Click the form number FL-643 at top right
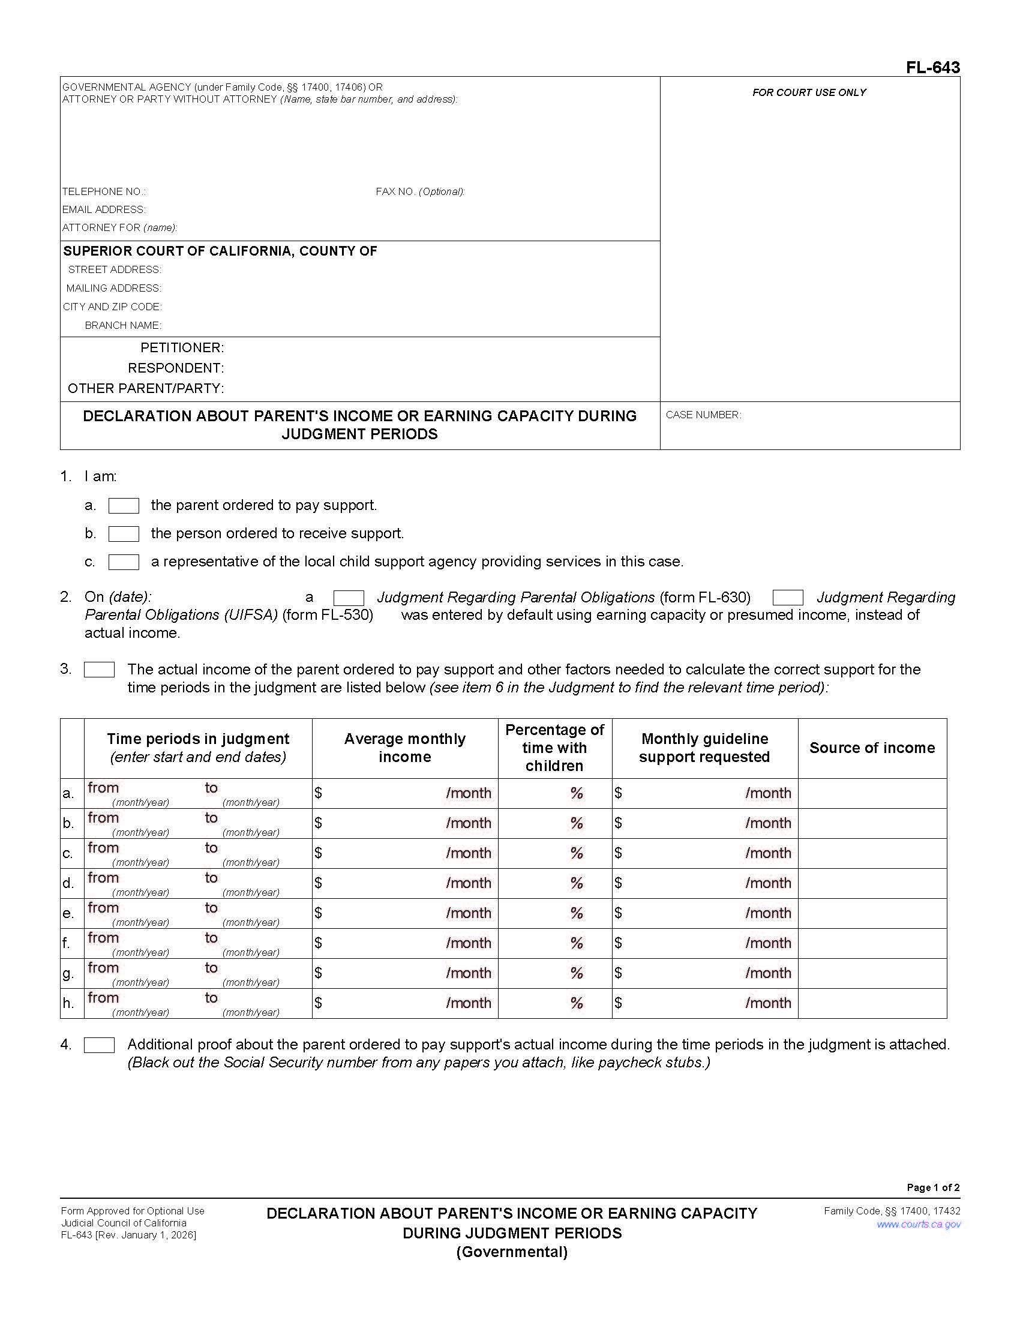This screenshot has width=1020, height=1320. (x=932, y=68)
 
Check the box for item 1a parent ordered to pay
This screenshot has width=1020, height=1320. (x=123, y=505)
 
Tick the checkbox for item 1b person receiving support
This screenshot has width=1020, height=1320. (x=123, y=533)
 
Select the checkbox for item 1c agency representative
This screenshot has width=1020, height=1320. (x=123, y=562)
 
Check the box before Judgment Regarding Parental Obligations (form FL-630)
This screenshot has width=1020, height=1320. (x=349, y=598)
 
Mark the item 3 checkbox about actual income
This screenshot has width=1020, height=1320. (x=99, y=670)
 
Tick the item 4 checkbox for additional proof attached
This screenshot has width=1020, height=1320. (x=99, y=1045)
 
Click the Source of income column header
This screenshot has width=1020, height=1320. (x=871, y=748)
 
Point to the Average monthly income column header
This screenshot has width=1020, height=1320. (x=404, y=748)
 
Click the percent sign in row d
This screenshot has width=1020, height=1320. (x=577, y=883)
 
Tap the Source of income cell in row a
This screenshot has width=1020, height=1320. (x=871, y=793)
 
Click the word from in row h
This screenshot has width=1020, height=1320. (x=103, y=998)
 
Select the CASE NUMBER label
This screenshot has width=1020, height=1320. (x=703, y=415)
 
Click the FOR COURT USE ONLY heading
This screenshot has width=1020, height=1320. (x=809, y=92)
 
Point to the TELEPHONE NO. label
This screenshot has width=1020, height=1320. (x=103, y=191)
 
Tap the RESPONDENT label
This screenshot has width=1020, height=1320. (x=175, y=368)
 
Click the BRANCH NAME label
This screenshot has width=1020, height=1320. (x=122, y=325)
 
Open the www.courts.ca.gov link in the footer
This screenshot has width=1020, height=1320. (x=918, y=1224)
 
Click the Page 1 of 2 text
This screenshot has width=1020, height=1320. (x=932, y=1187)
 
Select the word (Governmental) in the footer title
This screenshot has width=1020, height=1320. (x=512, y=1252)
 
